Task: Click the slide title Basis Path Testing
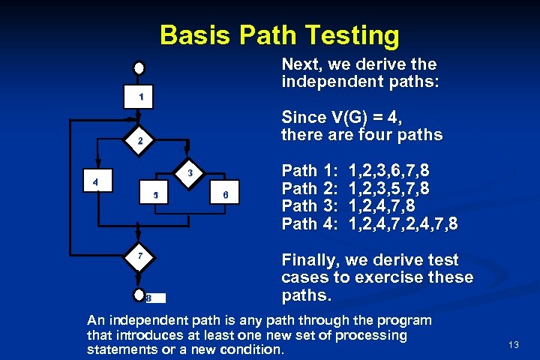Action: click(x=279, y=34)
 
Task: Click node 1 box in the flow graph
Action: click(x=139, y=97)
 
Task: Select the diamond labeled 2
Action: click(x=139, y=140)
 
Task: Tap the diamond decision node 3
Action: click(x=190, y=172)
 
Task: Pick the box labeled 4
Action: click(x=95, y=182)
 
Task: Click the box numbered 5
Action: click(x=155, y=195)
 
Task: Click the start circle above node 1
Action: click(x=139, y=67)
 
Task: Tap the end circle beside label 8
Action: click(x=139, y=295)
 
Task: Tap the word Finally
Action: click(x=310, y=261)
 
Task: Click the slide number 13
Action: click(x=514, y=345)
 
